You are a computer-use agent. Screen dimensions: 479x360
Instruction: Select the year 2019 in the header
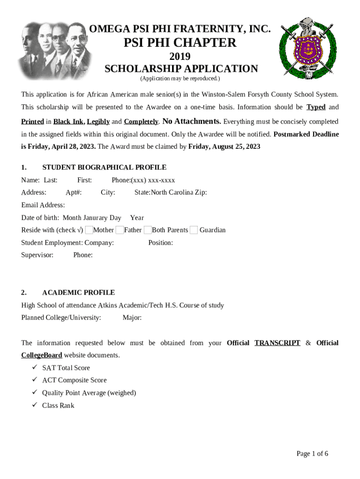pos(180,57)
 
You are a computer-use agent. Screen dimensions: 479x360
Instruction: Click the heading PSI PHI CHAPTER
pos(180,43)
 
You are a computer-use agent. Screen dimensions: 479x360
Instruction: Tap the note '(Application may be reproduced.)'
pos(180,78)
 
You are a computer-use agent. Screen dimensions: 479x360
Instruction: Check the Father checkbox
pos(120,230)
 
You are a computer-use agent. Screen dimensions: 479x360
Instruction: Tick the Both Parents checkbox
pos(148,230)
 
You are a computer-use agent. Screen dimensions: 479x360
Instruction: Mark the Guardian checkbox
pos(194,230)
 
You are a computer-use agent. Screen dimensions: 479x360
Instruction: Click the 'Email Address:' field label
pos(43,205)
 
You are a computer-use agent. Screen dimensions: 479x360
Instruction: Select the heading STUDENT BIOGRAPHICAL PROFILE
pos(104,167)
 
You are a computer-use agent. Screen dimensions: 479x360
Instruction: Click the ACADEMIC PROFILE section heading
pos(79,292)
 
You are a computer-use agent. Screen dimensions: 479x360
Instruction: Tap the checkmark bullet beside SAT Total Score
pos(35,368)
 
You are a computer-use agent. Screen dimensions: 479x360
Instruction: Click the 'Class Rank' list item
pos(58,405)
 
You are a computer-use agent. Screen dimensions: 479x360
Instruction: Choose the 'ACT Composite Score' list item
pos(74,380)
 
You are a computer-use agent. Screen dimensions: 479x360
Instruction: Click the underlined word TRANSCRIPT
pos(277,343)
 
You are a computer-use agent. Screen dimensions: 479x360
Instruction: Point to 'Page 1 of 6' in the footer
pos(312,453)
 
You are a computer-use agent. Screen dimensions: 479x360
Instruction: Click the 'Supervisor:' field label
pos(37,255)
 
